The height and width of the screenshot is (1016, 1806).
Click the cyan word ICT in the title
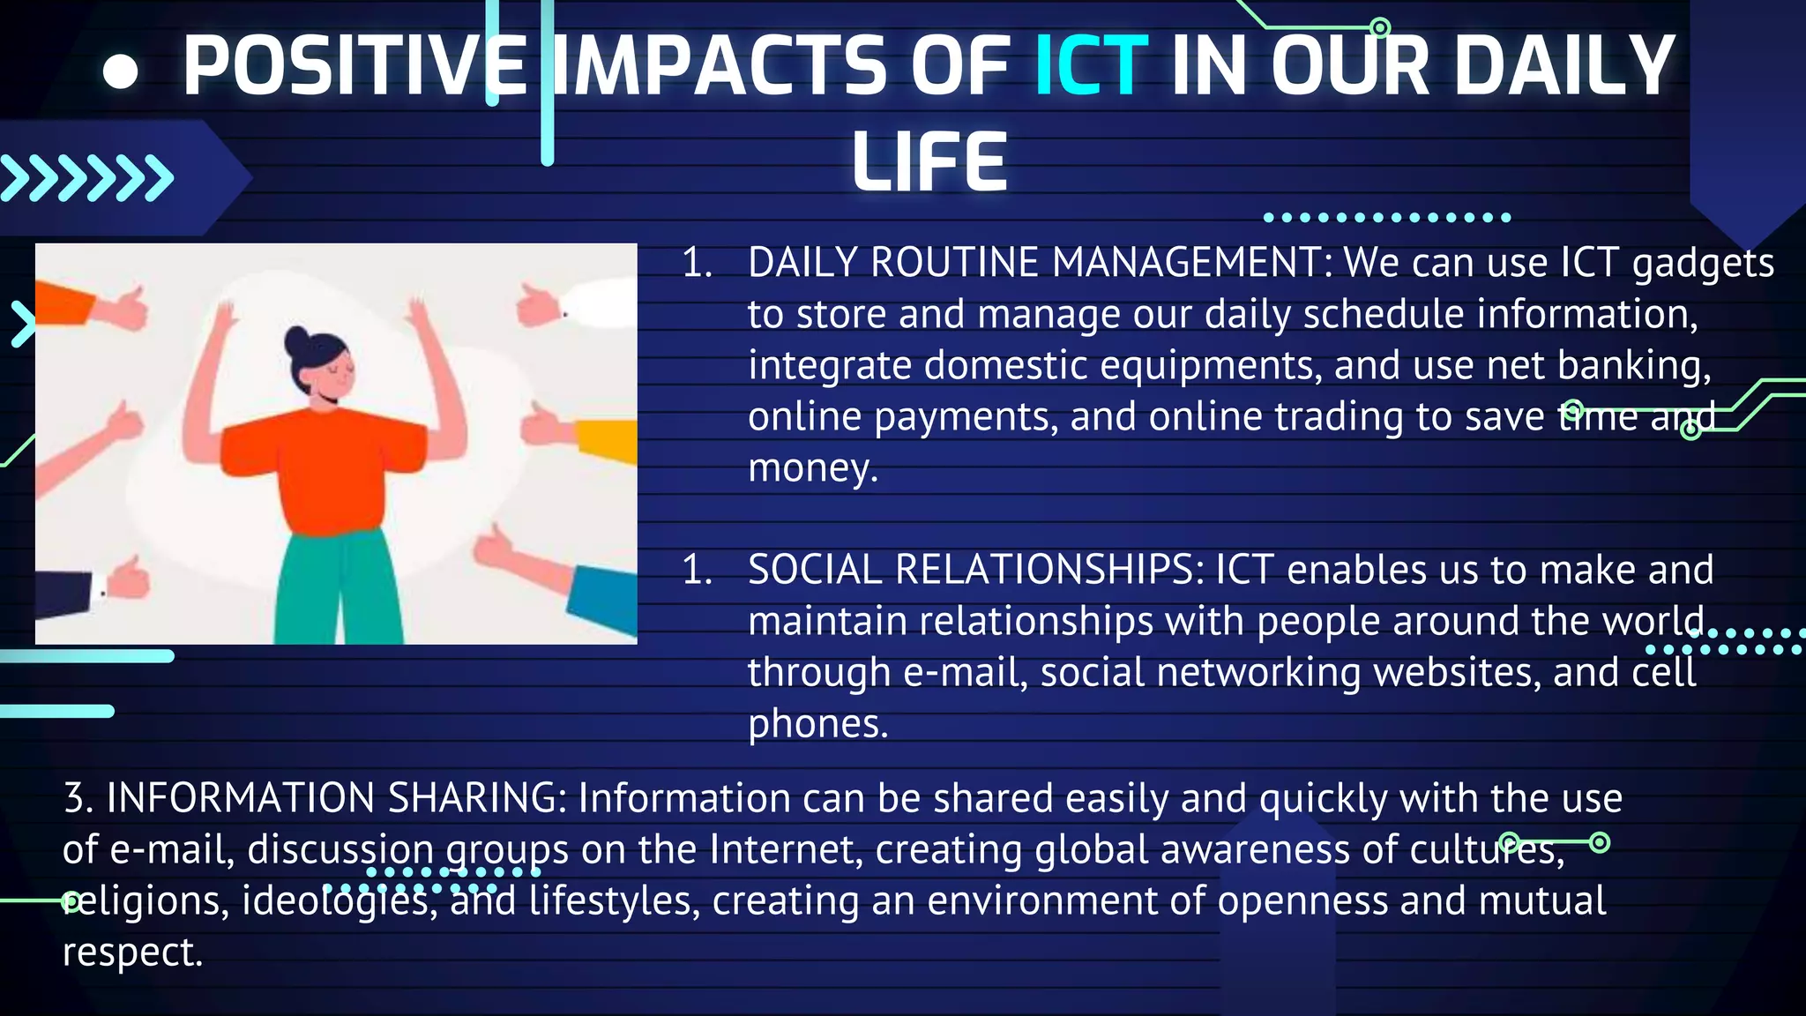click(x=1091, y=66)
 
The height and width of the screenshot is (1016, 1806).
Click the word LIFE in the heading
click(x=929, y=162)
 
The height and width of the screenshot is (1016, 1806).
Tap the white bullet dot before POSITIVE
click(x=121, y=71)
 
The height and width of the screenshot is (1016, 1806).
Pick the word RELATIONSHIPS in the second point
click(x=1049, y=570)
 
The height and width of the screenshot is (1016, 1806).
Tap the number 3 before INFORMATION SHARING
click(x=74, y=798)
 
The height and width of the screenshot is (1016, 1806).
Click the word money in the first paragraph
click(x=811, y=468)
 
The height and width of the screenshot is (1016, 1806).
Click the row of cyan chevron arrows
click(x=86, y=178)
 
